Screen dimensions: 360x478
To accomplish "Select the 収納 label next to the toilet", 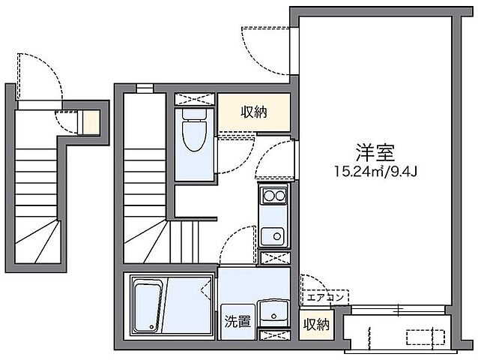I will [x=252, y=112].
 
